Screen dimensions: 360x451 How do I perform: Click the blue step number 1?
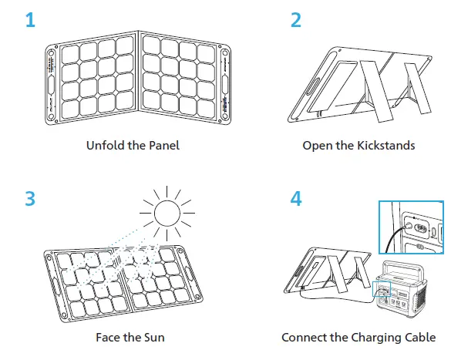pyautogui.click(x=29, y=20)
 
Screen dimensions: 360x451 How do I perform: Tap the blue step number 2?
pyautogui.click(x=295, y=20)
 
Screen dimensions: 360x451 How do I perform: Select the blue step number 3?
pyautogui.click(x=30, y=197)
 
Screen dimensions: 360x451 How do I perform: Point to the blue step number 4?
pyautogui.click(x=296, y=197)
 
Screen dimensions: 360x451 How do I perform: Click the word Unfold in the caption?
pyautogui.click(x=101, y=145)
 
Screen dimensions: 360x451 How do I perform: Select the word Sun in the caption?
pyautogui.click(x=154, y=337)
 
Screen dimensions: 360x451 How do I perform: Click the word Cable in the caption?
pyautogui.click(x=421, y=337)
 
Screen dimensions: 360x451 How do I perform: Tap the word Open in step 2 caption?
pyautogui.click(x=316, y=145)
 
